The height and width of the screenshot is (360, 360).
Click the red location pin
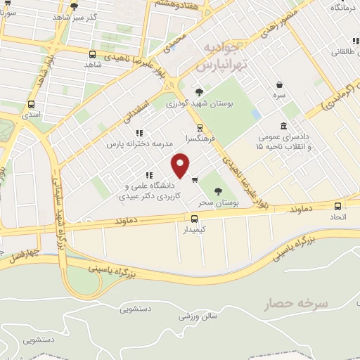click(x=181, y=165)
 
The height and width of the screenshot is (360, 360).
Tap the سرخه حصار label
click(x=297, y=304)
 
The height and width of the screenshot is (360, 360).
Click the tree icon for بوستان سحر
click(x=217, y=191)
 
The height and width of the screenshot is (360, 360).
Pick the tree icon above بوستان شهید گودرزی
click(x=199, y=91)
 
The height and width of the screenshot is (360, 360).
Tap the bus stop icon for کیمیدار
click(x=194, y=219)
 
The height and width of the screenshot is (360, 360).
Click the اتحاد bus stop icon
click(x=338, y=206)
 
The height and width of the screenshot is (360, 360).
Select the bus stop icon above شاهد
click(x=93, y=54)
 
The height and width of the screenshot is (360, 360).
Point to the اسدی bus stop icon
click(x=30, y=103)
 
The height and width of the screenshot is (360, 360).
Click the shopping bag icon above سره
click(x=280, y=83)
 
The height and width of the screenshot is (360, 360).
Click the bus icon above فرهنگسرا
click(x=200, y=128)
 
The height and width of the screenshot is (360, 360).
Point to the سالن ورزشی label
click(x=198, y=316)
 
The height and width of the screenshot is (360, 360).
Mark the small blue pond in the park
click(x=255, y=113)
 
